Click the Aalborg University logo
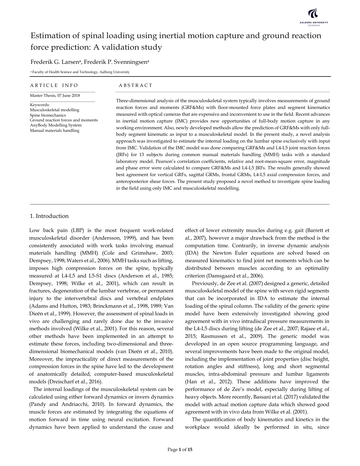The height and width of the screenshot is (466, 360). coord(314,16)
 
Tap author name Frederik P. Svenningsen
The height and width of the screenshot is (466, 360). coord(116,62)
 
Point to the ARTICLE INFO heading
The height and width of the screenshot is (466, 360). coord(54,85)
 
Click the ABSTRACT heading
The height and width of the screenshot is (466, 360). coord(136,85)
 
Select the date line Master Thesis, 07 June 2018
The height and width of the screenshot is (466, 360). coord(55,95)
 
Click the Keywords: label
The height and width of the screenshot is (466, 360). coord(40,105)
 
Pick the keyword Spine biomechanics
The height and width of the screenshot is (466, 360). coord(48,115)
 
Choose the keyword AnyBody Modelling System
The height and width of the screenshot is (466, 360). coord(56,125)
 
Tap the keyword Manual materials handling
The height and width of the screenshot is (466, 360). coord(54,130)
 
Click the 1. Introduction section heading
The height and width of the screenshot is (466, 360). coord(49,216)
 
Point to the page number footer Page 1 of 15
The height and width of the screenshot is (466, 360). coord(180,450)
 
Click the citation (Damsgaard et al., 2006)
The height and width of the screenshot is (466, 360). coord(235,276)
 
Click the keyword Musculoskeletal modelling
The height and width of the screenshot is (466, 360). coord(54,110)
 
